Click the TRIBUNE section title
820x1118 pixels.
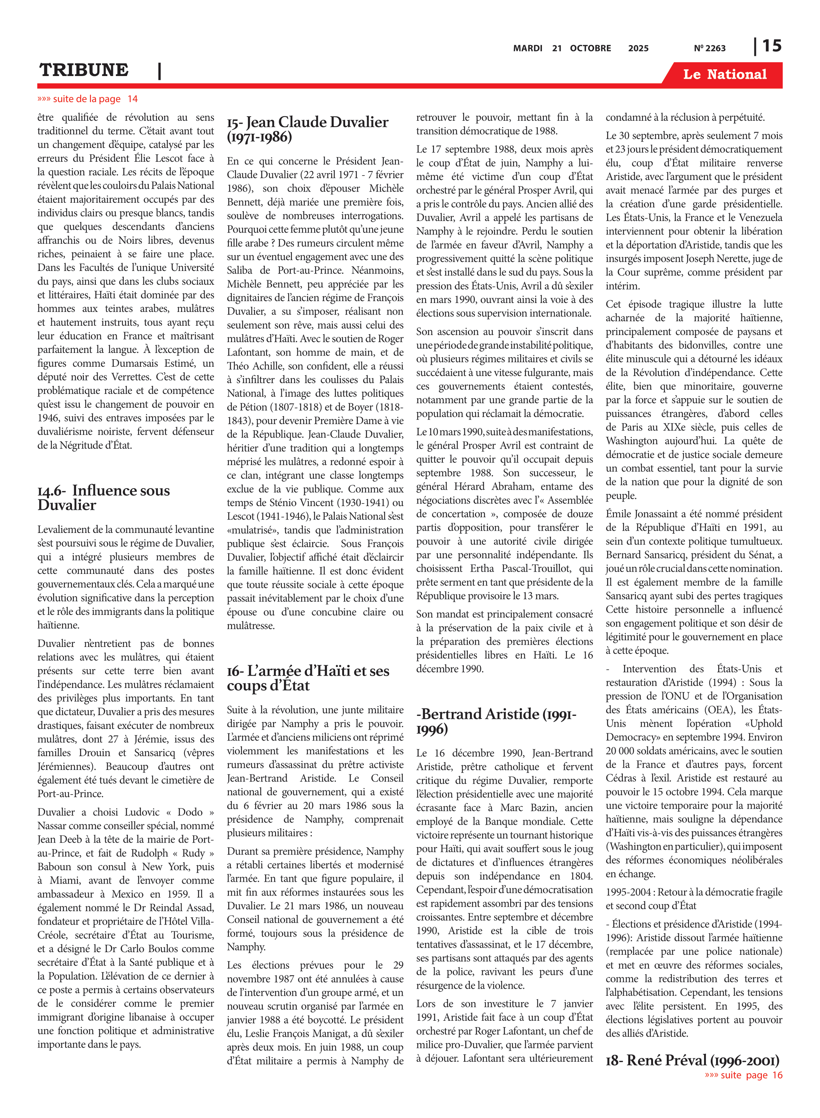pos(84,70)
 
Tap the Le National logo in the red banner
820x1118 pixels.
pos(724,75)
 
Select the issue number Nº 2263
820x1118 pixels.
pos(709,48)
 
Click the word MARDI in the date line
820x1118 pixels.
pos(527,48)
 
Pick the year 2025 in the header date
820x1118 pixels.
pos(638,48)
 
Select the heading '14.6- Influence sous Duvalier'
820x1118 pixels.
pos(103,498)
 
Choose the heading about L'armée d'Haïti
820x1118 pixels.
pos(308,678)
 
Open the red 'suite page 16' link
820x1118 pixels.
pos(743,1075)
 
